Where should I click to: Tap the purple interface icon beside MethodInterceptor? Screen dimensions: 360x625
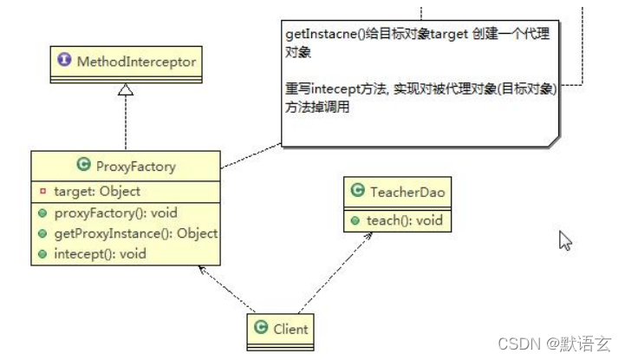tap(65, 62)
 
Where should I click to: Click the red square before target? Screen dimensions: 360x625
tap(42, 191)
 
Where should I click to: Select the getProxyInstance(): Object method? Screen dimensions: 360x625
tap(134, 233)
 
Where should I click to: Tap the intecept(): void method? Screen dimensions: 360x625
tap(100, 254)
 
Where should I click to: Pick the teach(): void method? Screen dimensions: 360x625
tap(404, 220)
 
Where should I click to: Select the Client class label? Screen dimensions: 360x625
tap(290, 330)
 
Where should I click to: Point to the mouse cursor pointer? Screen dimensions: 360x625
tap(564, 239)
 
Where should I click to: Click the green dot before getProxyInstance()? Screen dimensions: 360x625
tap(42, 233)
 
